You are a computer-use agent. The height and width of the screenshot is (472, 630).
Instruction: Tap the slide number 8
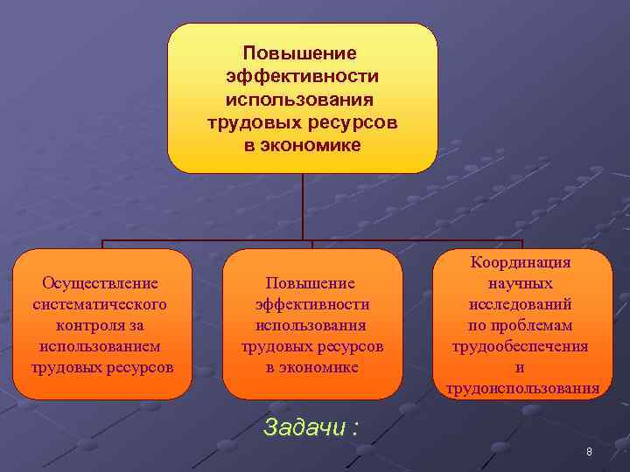tap(589, 452)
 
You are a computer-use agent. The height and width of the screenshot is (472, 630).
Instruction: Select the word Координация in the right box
tap(521, 262)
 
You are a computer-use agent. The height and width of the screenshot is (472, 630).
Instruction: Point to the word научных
tap(521, 283)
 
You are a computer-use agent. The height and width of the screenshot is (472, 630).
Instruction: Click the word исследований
tap(521, 304)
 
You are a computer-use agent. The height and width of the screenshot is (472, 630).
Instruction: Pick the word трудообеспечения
tap(521, 346)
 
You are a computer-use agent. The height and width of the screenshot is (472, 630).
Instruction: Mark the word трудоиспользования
tap(522, 388)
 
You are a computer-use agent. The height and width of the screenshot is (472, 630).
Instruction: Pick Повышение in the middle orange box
tap(311, 283)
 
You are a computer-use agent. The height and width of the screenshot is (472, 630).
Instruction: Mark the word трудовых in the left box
tap(66, 367)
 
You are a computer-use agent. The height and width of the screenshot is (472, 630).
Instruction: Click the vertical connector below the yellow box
tap(302, 206)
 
